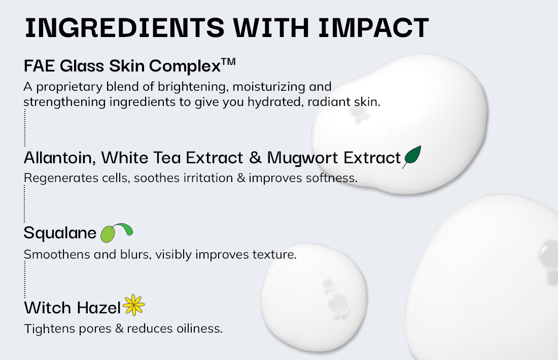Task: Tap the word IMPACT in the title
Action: coord(373,28)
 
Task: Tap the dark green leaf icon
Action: coord(412,157)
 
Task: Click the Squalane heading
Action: coord(60,233)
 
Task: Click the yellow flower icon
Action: coord(133,305)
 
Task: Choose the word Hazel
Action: coord(99,308)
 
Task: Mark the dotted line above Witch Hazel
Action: coord(25,279)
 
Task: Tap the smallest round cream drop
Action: coord(314,298)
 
